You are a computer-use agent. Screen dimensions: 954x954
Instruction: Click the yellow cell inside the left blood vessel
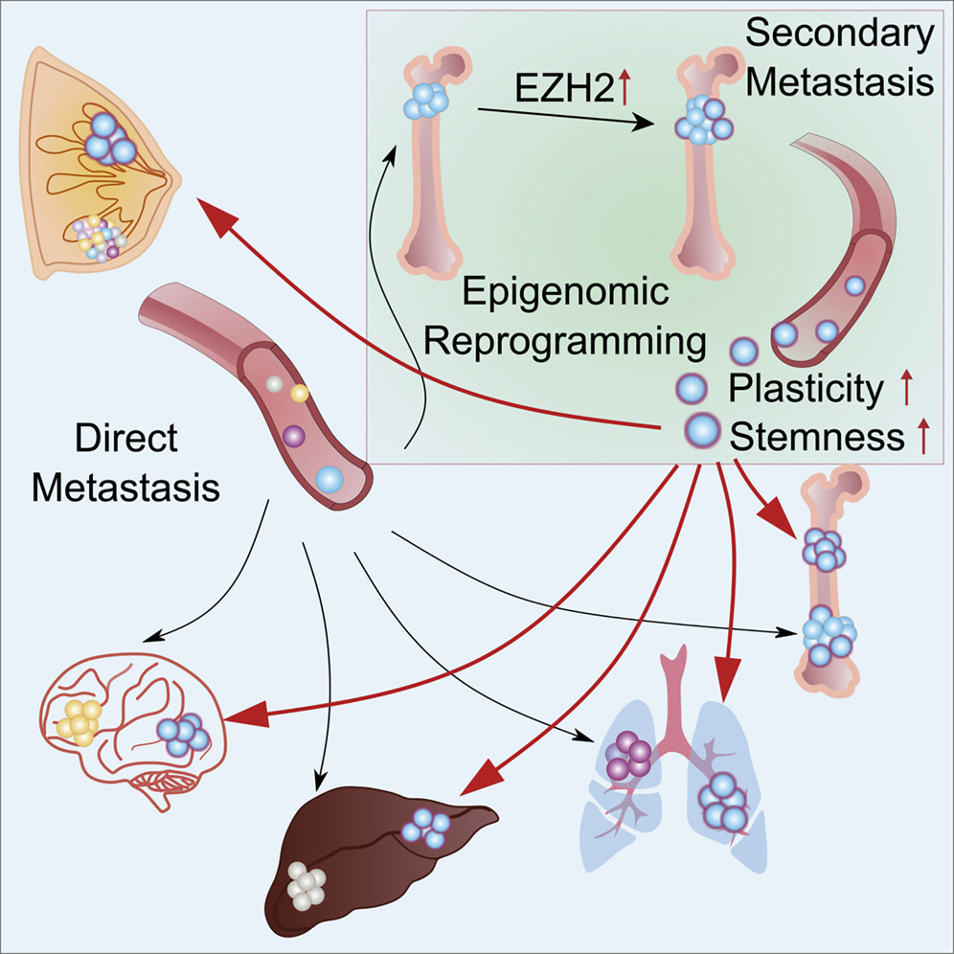pyautogui.click(x=299, y=393)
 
